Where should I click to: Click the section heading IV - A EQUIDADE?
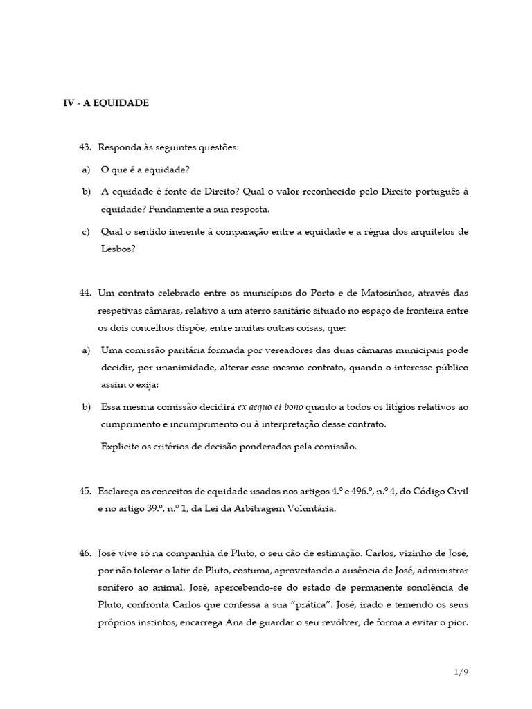click(106, 103)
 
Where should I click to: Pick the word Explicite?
click(121, 447)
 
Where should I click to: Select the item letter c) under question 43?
click(86, 231)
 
